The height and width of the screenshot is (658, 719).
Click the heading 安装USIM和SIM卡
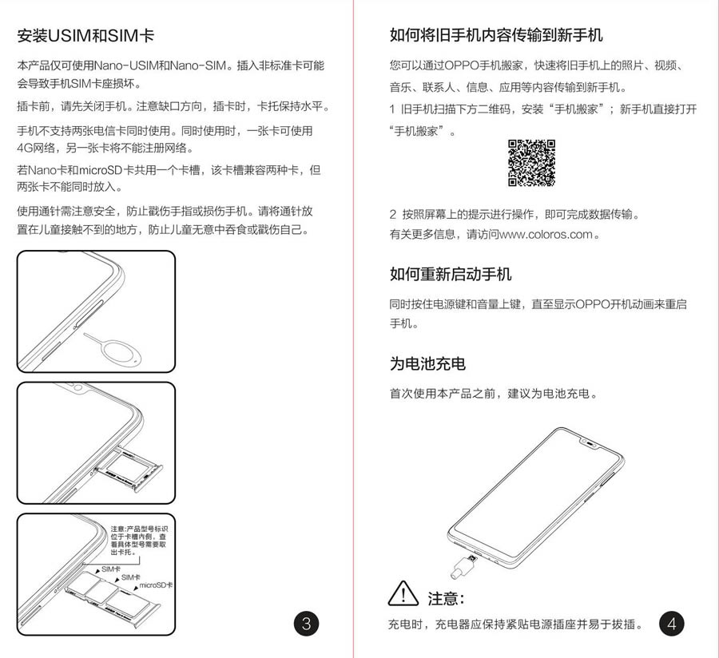click(85, 36)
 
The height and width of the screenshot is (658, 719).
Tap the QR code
click(531, 163)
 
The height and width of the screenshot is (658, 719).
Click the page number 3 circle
click(306, 624)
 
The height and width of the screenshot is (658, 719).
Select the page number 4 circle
click(671, 624)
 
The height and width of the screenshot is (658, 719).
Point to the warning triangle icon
click(403, 594)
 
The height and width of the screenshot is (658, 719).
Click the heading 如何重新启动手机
click(451, 274)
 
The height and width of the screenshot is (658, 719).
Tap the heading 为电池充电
click(427, 364)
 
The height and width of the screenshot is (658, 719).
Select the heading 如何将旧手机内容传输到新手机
click(496, 35)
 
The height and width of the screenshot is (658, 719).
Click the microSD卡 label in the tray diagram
click(156, 585)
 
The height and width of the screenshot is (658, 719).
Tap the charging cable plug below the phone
click(463, 566)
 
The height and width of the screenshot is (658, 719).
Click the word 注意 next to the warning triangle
click(445, 598)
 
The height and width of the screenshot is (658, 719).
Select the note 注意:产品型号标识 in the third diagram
click(139, 529)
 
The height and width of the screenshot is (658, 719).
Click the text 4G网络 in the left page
click(36, 148)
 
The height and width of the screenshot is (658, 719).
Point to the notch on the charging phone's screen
click(591, 443)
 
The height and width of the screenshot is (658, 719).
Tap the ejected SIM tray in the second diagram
click(129, 470)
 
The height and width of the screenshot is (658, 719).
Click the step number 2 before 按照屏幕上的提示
click(393, 215)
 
